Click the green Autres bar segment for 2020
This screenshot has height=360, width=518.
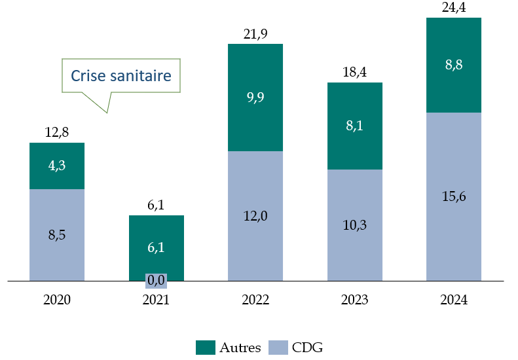tap(57, 166)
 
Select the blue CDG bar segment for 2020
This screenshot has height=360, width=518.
tap(57, 234)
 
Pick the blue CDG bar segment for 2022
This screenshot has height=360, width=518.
tap(255, 216)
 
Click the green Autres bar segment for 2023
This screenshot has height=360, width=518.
tap(354, 126)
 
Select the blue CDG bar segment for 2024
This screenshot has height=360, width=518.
tap(454, 196)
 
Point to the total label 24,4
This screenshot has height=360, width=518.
tap(454, 8)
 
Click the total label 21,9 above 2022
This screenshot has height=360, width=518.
tap(255, 33)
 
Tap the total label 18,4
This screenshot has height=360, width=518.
tap(354, 72)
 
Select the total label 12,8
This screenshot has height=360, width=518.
tap(57, 133)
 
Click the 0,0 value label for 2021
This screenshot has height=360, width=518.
tap(156, 280)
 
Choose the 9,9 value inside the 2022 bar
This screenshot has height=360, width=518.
tap(255, 98)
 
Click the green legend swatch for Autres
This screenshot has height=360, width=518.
tap(206, 348)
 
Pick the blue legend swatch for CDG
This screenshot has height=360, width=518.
tap(279, 348)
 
